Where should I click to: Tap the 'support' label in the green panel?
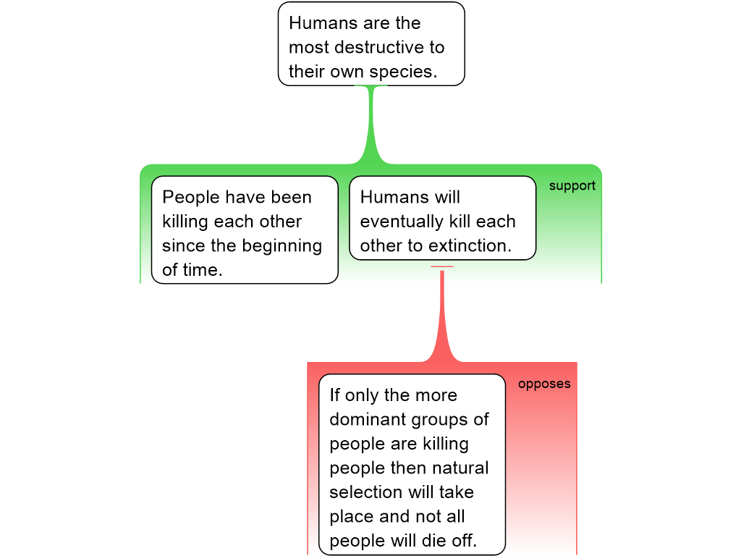click(572, 186)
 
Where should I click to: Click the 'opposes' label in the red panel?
click(544, 384)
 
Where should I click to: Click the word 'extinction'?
click(469, 245)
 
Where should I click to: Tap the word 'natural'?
click(461, 468)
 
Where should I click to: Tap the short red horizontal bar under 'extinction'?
click(441, 267)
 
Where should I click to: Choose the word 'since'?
click(184, 245)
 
